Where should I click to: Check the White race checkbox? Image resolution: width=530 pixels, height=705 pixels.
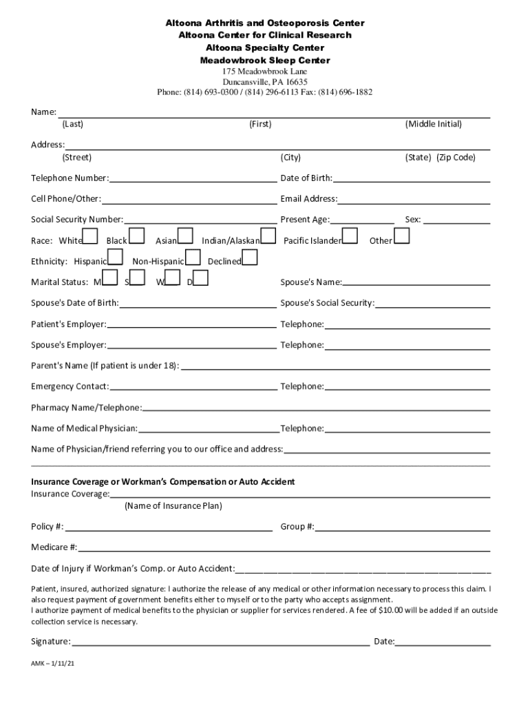[91, 237]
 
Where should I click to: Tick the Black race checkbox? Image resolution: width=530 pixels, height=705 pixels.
[136, 237]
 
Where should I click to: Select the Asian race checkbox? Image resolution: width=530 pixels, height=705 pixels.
[185, 237]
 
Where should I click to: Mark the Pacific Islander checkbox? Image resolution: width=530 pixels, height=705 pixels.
[350, 237]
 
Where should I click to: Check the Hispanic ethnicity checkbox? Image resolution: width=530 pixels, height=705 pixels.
[116, 258]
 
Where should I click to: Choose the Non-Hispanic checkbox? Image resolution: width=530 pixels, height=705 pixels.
[193, 258]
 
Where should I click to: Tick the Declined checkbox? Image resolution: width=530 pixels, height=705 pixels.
[251, 258]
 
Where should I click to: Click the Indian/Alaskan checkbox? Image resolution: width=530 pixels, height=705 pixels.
[268, 237]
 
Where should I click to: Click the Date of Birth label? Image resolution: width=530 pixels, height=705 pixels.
[306, 178]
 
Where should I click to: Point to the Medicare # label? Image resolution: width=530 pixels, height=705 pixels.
[54, 547]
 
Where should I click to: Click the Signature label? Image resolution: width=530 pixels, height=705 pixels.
[50, 641]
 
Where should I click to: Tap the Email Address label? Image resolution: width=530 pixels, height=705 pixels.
[308, 199]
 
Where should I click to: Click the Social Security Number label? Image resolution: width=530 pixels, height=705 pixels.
[77, 220]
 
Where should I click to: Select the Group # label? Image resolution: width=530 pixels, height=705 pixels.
[297, 527]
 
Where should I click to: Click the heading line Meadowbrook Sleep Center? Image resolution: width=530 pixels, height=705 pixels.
[265, 61]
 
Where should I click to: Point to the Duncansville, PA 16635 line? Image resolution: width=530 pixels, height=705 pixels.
[265, 81]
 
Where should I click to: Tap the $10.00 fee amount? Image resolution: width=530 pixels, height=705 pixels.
[398, 610]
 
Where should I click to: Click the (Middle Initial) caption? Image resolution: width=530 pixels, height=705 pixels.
[434, 124]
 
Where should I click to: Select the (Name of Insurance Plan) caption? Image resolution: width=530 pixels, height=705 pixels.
[173, 506]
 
